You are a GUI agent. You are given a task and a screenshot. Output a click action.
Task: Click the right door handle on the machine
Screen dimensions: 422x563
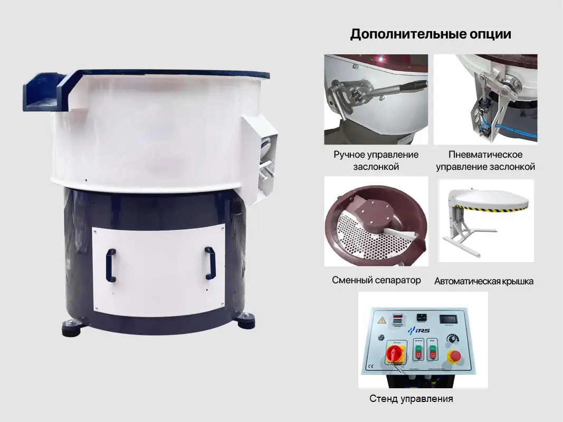(x=210, y=263)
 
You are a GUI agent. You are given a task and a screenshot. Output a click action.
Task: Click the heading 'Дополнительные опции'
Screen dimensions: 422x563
(x=431, y=35)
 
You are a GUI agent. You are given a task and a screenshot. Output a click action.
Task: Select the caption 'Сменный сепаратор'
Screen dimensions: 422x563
(x=376, y=280)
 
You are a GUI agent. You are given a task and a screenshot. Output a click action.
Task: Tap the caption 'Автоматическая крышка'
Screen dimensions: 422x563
(x=483, y=281)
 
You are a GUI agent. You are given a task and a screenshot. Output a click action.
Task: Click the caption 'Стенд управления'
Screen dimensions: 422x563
(x=411, y=399)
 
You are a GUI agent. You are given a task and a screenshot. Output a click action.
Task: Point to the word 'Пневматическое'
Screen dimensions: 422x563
(x=485, y=155)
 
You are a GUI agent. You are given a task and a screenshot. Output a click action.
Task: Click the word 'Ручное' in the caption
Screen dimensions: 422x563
(x=350, y=155)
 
